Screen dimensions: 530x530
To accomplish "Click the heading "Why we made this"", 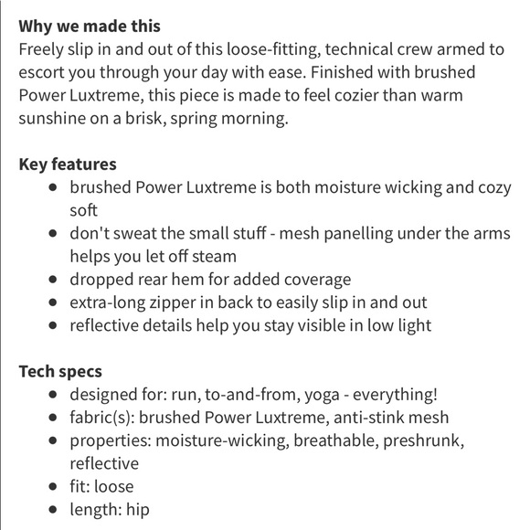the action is point(90,26).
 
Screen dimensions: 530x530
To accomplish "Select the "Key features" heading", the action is point(68,165).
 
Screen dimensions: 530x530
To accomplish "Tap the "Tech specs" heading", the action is point(60,372).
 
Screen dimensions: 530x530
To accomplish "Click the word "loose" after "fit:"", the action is point(112,486).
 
